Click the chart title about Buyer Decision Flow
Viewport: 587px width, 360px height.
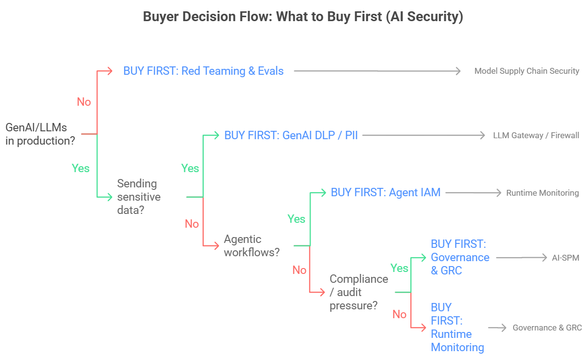[x=303, y=17]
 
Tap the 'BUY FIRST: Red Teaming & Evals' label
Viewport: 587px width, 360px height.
[x=203, y=71]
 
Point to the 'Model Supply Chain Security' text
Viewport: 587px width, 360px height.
[x=526, y=71]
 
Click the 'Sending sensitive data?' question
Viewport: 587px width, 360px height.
[x=139, y=197]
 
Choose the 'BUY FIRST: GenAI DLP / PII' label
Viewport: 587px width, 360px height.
[x=291, y=135]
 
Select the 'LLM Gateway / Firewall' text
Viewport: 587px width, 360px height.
[x=536, y=135]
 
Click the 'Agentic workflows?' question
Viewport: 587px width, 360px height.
[x=252, y=245]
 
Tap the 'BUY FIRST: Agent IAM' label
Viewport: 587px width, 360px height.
[x=385, y=192]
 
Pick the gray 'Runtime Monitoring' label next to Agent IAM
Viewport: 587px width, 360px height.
[x=542, y=193]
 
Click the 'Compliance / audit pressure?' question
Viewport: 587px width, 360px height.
[x=359, y=292]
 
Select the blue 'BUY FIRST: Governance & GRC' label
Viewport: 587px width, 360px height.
[x=460, y=257]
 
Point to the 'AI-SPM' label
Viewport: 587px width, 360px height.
[x=565, y=257]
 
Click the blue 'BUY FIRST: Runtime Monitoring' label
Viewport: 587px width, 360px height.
[x=457, y=327]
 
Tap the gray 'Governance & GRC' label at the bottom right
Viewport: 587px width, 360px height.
[x=547, y=328]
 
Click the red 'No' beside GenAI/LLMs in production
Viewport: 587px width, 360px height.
[x=84, y=102]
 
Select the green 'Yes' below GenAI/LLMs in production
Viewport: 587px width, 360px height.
[x=81, y=168]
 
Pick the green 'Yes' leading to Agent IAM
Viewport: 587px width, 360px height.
[x=296, y=219]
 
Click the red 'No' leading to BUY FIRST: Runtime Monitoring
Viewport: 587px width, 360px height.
[x=400, y=314]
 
